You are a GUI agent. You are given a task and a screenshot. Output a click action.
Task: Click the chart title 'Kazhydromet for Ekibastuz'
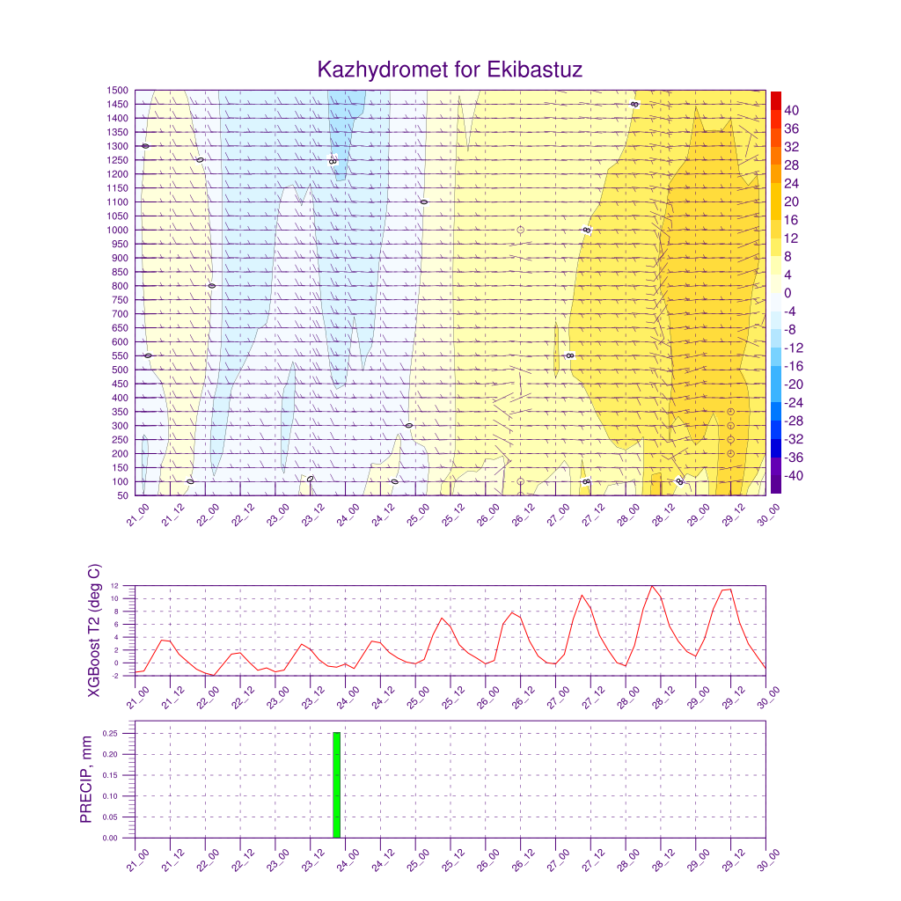pyautogui.click(x=450, y=70)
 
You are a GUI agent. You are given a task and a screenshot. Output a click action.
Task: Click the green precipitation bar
pyautogui.click(x=336, y=785)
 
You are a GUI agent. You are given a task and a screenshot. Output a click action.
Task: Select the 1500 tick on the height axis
pyautogui.click(x=118, y=90)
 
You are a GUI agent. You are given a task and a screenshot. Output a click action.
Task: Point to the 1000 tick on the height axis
pyautogui.click(x=118, y=230)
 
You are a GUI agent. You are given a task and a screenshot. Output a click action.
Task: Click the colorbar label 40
pyautogui.click(x=791, y=110)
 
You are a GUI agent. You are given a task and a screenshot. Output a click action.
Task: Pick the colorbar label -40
pyautogui.click(x=794, y=476)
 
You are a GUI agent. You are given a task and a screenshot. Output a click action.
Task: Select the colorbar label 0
pyautogui.click(x=787, y=293)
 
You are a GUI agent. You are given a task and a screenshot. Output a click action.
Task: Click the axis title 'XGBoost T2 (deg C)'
pyautogui.click(x=94, y=630)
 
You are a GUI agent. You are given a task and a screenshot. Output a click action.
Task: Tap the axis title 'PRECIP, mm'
pyautogui.click(x=86, y=780)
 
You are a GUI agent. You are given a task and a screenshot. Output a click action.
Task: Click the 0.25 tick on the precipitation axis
pyautogui.click(x=110, y=733)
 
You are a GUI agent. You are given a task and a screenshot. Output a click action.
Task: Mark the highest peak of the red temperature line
pyautogui.click(x=652, y=586)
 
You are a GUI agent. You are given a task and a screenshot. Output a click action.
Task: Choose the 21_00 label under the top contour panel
pyautogui.click(x=136, y=517)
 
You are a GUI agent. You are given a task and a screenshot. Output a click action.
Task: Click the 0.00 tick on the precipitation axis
pyautogui.click(x=110, y=838)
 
